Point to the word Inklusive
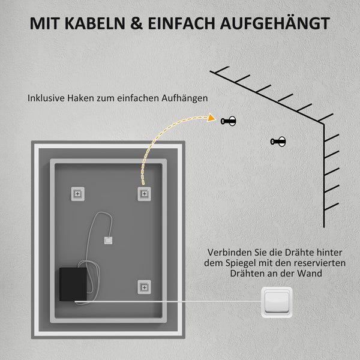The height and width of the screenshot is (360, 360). click(x=47, y=97)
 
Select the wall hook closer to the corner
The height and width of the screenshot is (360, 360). click(x=279, y=142)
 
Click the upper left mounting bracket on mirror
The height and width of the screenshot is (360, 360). click(x=79, y=193)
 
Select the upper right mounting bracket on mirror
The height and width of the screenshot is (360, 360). click(x=144, y=193)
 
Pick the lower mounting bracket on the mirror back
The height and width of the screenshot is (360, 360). click(x=144, y=287)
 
